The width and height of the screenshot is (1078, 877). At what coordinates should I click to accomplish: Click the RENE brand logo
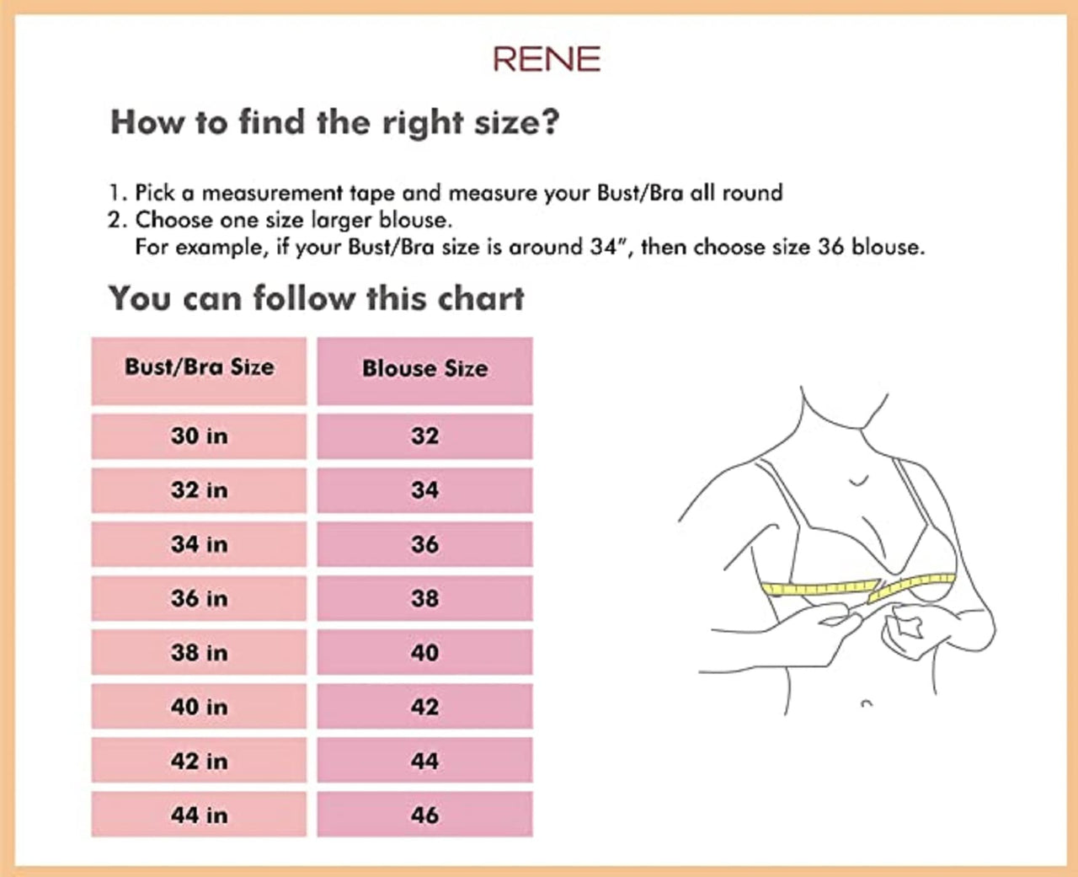(x=547, y=59)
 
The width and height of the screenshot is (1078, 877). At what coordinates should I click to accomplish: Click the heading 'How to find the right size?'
(x=335, y=122)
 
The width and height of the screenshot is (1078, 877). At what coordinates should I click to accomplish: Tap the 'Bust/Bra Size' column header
(x=199, y=371)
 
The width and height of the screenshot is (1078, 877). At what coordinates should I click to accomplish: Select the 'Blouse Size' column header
(x=425, y=371)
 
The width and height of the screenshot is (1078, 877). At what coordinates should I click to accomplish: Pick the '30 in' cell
(x=199, y=436)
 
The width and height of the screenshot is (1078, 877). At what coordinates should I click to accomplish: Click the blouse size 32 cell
(x=425, y=436)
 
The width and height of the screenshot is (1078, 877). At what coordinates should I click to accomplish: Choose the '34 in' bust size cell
(x=199, y=544)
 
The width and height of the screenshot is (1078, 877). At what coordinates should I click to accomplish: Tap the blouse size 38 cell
(x=425, y=598)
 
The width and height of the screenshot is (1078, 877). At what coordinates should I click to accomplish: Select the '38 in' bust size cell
(x=199, y=652)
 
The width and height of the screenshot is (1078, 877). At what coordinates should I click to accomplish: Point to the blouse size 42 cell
(x=425, y=706)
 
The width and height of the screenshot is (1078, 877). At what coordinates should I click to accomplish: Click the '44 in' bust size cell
(x=199, y=815)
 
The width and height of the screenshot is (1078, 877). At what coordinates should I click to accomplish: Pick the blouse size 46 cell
(x=425, y=815)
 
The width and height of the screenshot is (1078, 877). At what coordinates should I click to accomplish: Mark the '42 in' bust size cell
(x=199, y=761)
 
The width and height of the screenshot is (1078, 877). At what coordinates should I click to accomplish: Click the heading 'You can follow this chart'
(x=317, y=298)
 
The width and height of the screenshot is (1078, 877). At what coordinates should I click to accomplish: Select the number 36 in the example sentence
(x=831, y=247)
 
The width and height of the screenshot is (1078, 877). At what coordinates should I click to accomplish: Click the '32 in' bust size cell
(x=199, y=490)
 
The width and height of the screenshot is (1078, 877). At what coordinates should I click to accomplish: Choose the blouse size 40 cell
(x=425, y=652)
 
